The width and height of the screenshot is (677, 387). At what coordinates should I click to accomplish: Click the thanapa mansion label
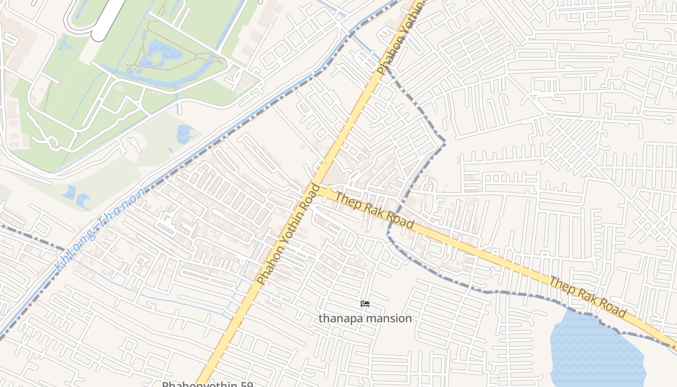pos(365,318)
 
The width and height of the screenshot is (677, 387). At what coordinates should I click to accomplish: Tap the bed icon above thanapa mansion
pos(365,304)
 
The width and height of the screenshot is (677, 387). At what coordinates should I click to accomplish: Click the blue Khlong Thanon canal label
pos(100,229)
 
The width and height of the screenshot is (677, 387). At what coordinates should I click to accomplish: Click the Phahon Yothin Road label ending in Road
pos(288,234)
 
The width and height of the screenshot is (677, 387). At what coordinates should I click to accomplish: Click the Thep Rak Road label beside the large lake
pos(588,296)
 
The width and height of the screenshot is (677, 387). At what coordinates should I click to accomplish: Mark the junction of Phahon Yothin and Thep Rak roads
pos(320,190)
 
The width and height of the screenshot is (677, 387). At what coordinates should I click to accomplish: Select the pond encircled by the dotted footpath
pos(160,51)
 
